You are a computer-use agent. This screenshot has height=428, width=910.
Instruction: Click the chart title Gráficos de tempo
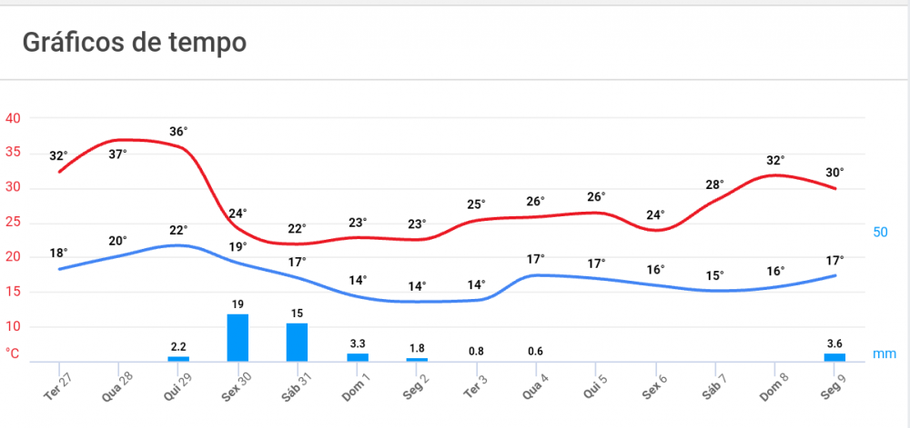coord(134,42)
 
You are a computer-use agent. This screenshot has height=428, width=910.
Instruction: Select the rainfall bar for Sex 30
coord(238,338)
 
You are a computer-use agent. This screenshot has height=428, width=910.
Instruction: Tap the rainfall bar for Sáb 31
coord(298,343)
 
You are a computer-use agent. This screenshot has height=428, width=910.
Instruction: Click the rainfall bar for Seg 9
coord(834,357)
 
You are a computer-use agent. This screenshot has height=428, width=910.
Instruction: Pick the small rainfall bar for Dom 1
coord(358,357)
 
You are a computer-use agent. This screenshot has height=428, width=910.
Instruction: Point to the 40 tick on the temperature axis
coord(14,118)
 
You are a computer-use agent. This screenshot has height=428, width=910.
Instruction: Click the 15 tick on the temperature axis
coord(14,292)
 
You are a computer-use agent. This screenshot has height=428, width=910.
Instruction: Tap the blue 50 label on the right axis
coord(880,233)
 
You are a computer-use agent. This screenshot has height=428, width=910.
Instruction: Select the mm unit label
coord(884,353)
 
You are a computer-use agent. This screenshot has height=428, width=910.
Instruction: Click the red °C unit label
coord(13,353)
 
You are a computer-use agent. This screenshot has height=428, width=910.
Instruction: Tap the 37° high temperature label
coord(118,154)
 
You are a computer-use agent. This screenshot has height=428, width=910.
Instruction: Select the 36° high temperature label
coord(178,132)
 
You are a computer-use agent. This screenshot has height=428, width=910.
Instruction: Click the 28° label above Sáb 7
coord(714,185)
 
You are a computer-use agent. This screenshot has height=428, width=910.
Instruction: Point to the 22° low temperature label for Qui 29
coord(178,230)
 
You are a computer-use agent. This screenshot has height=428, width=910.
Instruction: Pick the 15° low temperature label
coord(714,275)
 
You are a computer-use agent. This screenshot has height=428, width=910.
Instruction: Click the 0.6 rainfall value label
coord(536,352)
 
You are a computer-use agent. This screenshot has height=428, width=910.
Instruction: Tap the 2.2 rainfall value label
coord(178,346)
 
